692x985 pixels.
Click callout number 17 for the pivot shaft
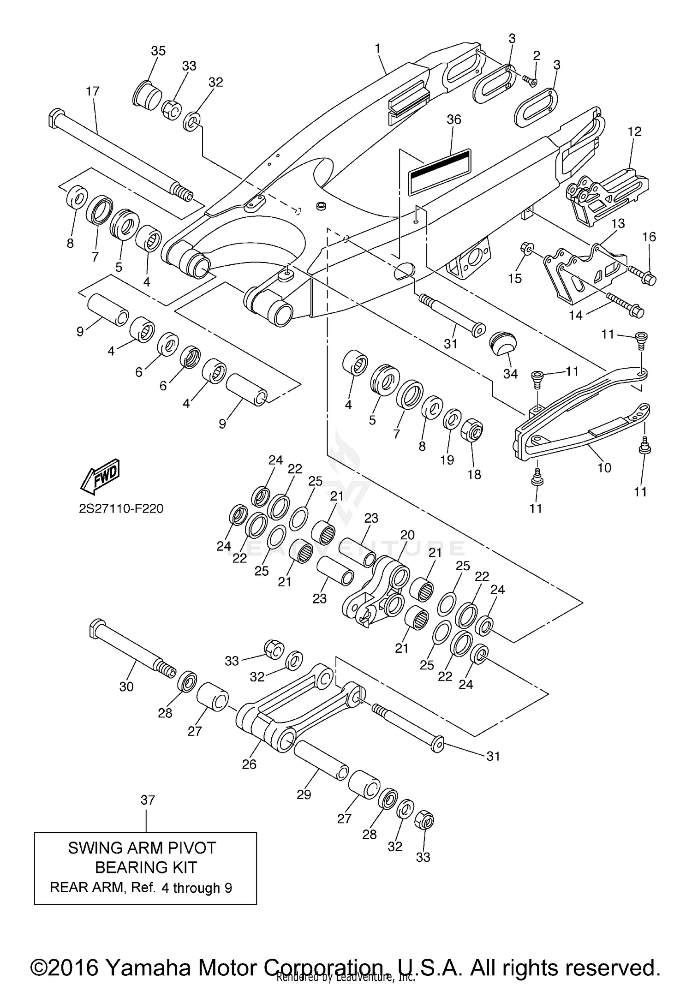point(93,91)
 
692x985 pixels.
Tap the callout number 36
point(453,119)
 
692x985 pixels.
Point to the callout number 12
point(634,131)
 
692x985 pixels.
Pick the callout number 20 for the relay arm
point(407,535)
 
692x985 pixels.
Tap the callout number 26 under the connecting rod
point(249,764)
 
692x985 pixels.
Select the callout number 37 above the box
point(148,800)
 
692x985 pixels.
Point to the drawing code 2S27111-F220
point(121,509)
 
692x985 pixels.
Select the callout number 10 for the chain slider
point(604,468)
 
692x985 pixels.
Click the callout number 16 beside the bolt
point(649,237)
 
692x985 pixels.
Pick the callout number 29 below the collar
point(304,794)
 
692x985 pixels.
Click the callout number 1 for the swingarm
point(377,48)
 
